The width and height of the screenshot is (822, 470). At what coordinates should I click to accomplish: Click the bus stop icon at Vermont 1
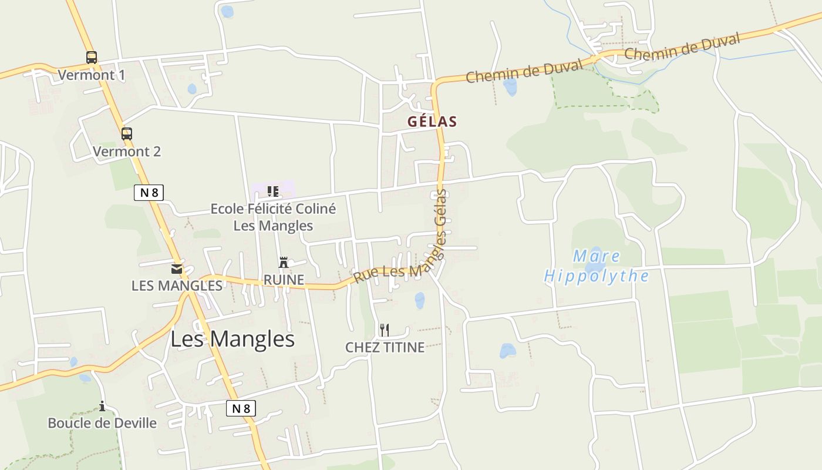pos(92,58)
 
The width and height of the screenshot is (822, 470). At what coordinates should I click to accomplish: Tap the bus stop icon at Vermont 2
pos(127,133)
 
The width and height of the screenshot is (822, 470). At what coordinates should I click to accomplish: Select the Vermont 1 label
pos(92,75)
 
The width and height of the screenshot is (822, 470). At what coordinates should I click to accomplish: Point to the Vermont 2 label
pos(127,152)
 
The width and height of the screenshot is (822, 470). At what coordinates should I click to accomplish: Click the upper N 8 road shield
pos(149,192)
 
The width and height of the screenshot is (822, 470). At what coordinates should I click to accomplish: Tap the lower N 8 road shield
pos(241,408)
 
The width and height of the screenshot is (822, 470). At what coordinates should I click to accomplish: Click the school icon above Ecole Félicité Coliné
pos(272,192)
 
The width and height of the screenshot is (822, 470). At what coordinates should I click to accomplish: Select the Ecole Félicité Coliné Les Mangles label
pos(273,217)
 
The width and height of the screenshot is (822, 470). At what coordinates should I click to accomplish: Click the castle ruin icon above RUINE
pos(284,262)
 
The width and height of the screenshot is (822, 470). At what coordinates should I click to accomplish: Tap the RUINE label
pos(284,280)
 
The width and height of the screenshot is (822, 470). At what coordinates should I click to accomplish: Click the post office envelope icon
pos(177,269)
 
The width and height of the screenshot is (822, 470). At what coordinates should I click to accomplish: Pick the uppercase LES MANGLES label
pos(177,286)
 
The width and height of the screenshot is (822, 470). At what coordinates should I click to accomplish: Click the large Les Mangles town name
pos(233,339)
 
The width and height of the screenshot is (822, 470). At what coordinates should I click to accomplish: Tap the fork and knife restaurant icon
pos(385,330)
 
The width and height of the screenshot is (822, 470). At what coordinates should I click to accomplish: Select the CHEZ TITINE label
pos(385,347)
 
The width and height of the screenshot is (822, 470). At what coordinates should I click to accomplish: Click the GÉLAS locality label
pos(432,122)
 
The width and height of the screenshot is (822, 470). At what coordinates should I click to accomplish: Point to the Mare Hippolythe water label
pos(597,266)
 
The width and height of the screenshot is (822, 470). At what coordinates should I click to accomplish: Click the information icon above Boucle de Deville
pos(102,406)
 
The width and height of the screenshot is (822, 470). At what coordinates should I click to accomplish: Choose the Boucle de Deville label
pos(102,423)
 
